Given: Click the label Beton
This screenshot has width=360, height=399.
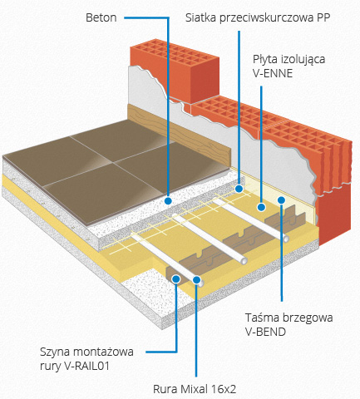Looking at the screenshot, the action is point(101,17).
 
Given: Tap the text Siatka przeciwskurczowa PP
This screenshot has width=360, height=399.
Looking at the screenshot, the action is point(258,18).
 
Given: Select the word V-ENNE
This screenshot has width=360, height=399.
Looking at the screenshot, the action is point(273,73).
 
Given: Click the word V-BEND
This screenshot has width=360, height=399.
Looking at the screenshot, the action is point(265,332).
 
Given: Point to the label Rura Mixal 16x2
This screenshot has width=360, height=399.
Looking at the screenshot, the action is point(195,389).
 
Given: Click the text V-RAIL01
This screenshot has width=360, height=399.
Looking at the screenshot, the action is point(86,366).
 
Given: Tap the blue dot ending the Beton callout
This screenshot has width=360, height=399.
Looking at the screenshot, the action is point(168,200).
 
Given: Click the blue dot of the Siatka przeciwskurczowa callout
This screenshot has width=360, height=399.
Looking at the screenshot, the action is point(239,189).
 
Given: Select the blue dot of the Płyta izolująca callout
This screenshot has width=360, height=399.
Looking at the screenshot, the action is point(261,207).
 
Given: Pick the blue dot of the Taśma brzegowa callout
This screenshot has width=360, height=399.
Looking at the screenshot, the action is point(281,200).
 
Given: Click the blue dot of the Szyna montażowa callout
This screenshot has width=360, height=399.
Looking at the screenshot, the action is point(176,278).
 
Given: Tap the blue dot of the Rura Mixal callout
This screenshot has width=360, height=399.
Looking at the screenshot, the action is point(196,280).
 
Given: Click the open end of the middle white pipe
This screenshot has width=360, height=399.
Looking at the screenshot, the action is point(244,261).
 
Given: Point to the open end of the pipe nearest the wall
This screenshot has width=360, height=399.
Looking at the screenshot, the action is point(286,239).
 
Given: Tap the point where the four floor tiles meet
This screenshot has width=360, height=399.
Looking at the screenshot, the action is point(113,163).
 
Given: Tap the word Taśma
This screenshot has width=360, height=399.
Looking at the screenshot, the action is point(259,318).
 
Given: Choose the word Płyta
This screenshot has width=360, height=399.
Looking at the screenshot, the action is point(265,60).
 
